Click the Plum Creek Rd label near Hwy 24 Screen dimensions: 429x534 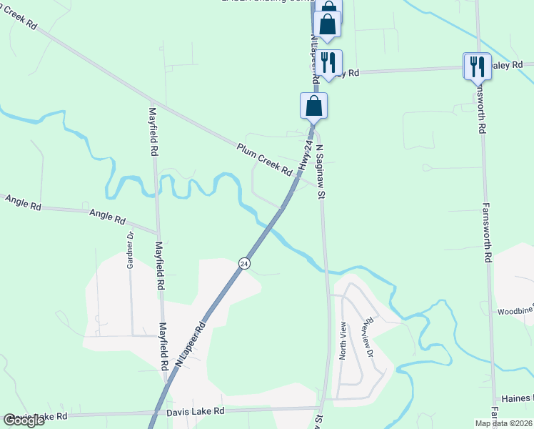[265, 161]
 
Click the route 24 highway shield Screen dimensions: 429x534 [244, 264]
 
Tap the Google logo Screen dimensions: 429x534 [24, 420]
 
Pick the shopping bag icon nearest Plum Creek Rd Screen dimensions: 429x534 [313, 107]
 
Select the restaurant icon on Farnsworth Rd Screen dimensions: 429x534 [476, 66]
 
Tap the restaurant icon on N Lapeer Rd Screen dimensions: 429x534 [328, 63]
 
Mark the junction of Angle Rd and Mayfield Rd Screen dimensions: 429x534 [158, 232]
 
